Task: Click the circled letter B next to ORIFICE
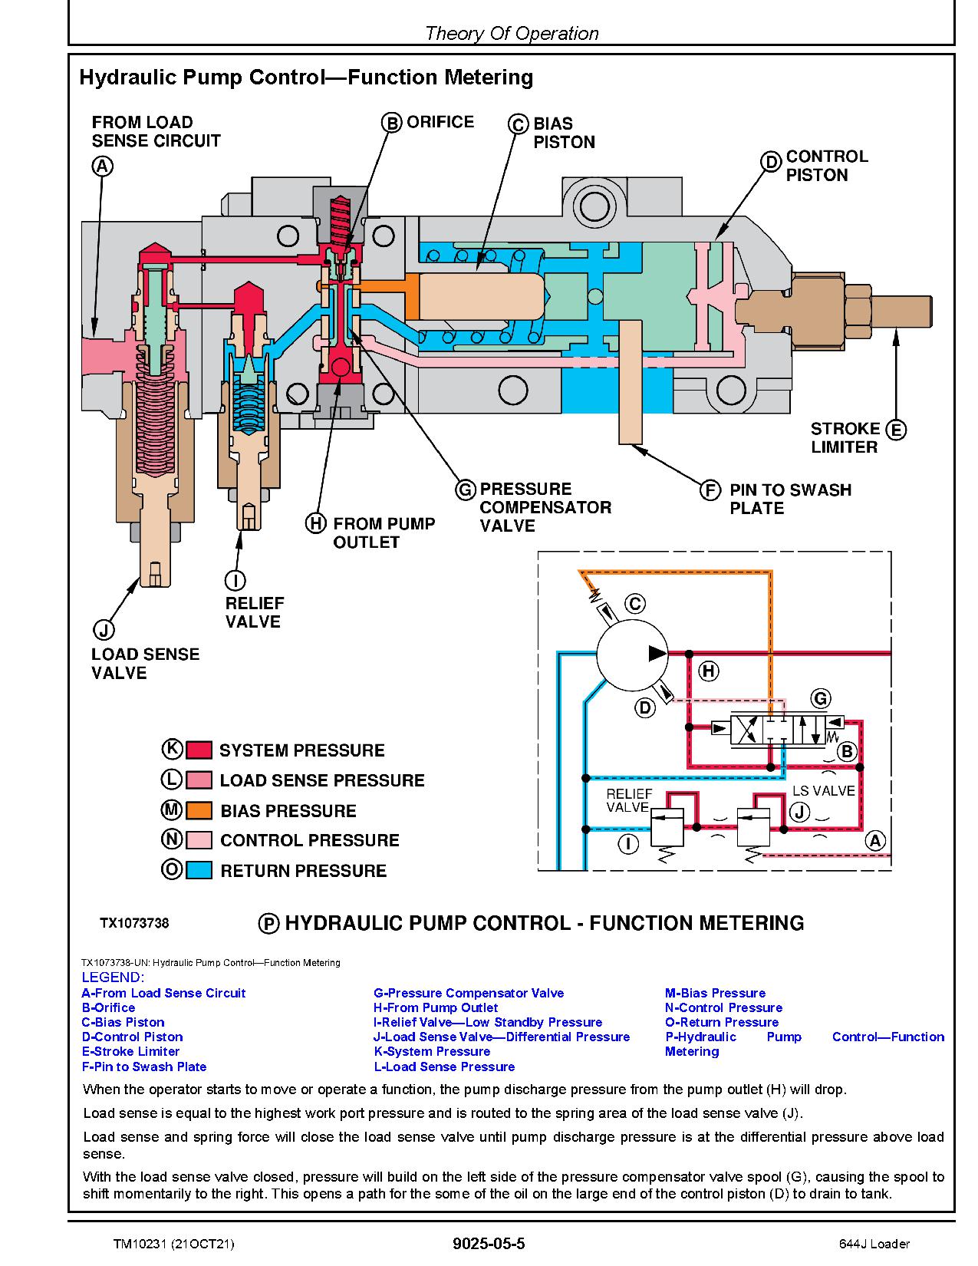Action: [x=392, y=123]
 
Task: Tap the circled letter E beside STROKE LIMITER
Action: [x=895, y=430]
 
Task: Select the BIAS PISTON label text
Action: [x=564, y=133]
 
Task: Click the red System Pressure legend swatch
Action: [x=199, y=750]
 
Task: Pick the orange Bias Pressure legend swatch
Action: [x=199, y=810]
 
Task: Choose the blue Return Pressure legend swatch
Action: [x=199, y=870]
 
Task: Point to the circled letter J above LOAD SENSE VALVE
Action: [x=103, y=630]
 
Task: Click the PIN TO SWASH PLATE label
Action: [x=789, y=499]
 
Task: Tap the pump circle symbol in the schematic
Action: [x=634, y=653]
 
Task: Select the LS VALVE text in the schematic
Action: [x=823, y=790]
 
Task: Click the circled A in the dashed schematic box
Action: [x=875, y=840]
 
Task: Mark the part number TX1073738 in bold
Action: [x=134, y=923]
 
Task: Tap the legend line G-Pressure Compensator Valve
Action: [x=468, y=993]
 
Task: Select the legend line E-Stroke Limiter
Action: [x=130, y=1051]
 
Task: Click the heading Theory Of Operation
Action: [x=511, y=33]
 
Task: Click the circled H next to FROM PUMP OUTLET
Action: [x=315, y=524]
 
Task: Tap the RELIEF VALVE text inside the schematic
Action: [x=628, y=800]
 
